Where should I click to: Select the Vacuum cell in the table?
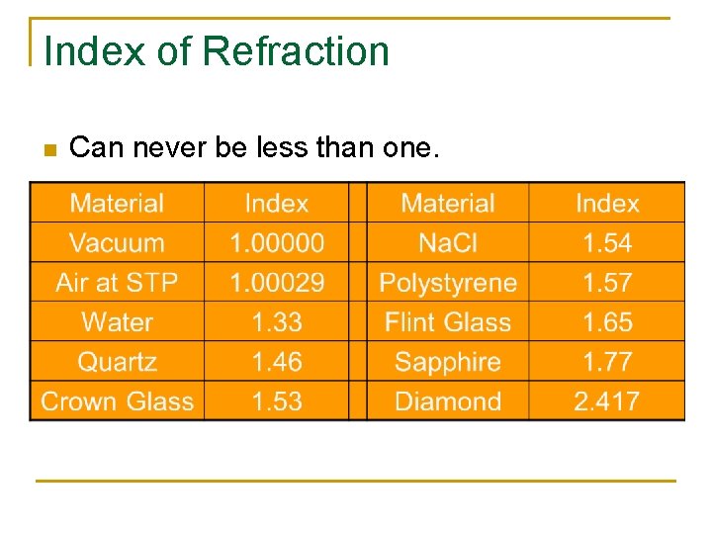tap(117, 243)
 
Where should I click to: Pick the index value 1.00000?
tap(276, 243)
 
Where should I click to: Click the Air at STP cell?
tap(117, 283)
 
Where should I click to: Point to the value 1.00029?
tap(276, 283)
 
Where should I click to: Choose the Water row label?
tap(117, 322)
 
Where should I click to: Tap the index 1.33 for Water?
tap(276, 322)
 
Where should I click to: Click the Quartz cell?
tap(117, 362)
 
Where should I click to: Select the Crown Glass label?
tap(117, 401)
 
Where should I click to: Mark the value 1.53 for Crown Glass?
tap(276, 401)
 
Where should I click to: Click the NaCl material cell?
tap(447, 243)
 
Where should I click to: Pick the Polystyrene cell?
tap(447, 283)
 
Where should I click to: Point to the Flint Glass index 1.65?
tap(606, 322)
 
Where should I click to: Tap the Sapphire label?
tap(447, 362)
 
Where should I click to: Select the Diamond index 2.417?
tap(606, 401)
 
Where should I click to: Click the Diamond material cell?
tap(447, 401)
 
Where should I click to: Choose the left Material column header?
tap(117, 204)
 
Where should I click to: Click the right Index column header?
tap(606, 204)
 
